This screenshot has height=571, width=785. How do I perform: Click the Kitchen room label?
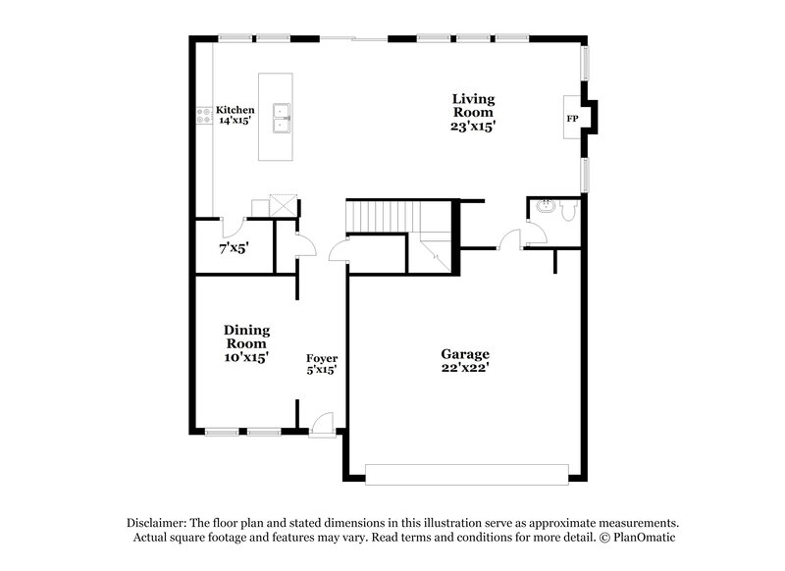point(235,110)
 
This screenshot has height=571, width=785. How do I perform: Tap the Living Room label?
point(473,105)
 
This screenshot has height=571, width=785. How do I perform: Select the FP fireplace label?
point(572,119)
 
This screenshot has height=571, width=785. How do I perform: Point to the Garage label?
point(464,354)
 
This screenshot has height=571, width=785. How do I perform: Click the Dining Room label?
point(246,337)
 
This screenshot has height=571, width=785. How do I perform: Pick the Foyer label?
point(322,358)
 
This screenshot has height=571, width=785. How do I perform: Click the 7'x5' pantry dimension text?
point(234,249)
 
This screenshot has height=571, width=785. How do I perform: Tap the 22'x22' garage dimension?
point(464,368)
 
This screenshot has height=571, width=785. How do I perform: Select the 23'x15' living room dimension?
point(473,126)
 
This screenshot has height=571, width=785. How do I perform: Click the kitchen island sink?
point(281,117)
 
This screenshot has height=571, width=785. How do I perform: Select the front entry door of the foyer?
point(320,426)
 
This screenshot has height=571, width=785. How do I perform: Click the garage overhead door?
point(466,474)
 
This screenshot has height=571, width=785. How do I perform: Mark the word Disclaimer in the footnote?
point(158,523)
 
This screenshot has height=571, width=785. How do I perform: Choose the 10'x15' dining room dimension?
point(246,358)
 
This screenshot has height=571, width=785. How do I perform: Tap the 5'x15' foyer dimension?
point(322,370)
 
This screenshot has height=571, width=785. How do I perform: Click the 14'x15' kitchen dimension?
point(235,121)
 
